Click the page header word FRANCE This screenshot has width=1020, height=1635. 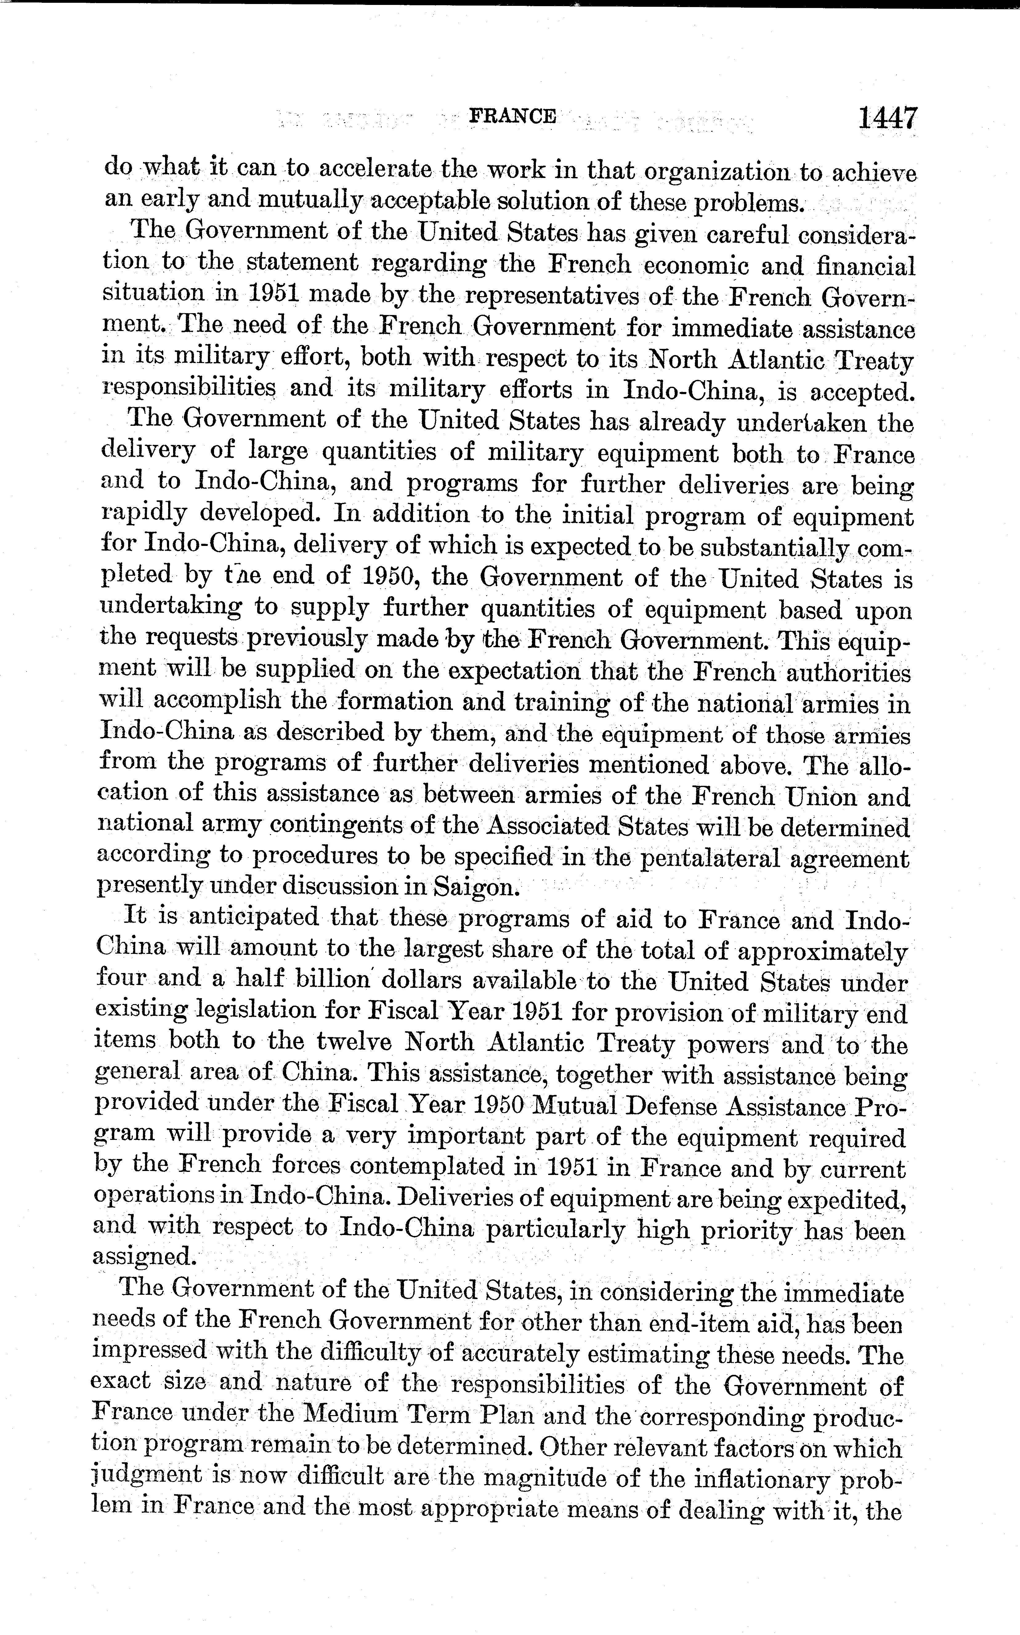click(x=513, y=116)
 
